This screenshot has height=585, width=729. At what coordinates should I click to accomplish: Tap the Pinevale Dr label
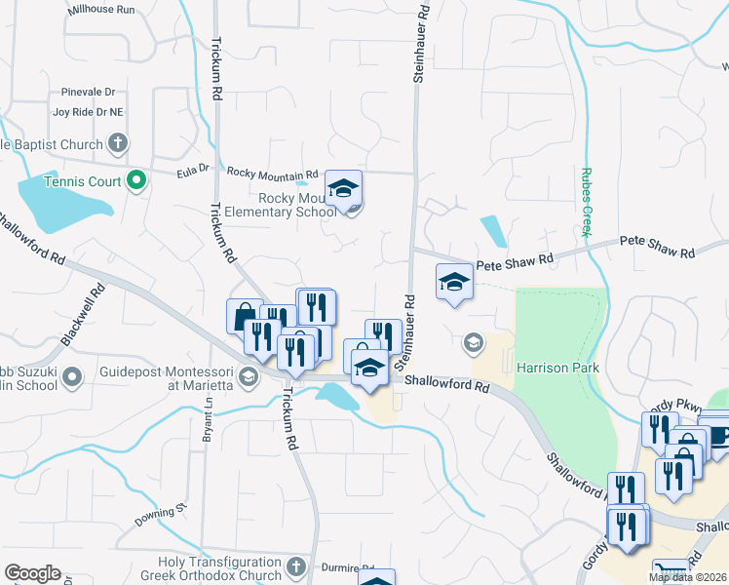coord(88,92)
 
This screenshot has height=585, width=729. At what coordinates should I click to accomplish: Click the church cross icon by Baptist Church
coord(117,145)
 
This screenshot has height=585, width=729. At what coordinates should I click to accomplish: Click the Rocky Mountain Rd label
coord(272,173)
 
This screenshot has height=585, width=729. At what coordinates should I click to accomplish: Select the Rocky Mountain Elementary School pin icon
coord(343,188)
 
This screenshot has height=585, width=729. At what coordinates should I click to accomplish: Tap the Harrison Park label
coord(557,369)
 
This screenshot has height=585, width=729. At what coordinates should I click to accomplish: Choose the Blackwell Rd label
coord(82,314)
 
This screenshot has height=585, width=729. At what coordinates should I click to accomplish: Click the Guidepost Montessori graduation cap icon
coord(249,377)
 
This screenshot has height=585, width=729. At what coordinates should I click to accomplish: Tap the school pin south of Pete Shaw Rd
coord(453,282)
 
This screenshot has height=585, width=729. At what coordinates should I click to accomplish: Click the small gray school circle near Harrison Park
coord(473,342)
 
